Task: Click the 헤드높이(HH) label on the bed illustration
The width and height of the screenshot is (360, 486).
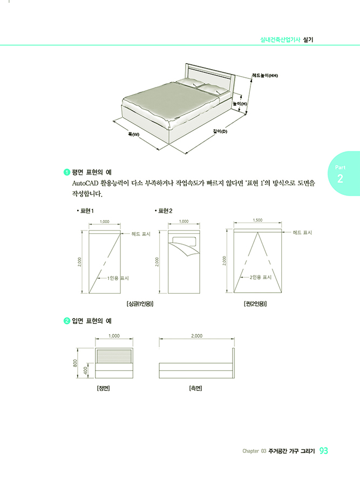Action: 265,75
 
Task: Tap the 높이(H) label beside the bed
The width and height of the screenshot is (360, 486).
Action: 240,104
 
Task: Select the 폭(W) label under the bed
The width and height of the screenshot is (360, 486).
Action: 133,134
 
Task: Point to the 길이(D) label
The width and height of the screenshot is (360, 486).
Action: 220,131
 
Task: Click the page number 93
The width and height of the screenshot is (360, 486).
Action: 323,451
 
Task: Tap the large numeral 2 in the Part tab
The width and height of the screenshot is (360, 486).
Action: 340,179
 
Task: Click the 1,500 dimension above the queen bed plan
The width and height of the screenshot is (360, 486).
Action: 257,220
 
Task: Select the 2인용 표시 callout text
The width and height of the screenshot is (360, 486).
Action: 261,277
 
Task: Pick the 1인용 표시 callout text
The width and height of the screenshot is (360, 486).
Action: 118,278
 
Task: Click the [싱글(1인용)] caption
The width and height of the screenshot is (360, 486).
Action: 140,303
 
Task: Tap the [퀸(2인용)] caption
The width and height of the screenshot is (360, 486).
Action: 255,303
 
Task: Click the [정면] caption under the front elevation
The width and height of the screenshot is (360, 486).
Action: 104,388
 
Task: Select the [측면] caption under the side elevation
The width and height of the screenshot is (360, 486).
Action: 195,388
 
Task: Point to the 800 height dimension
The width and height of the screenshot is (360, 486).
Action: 75,363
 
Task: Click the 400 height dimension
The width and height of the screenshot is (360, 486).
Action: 86,370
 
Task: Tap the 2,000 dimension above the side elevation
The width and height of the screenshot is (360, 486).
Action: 196,336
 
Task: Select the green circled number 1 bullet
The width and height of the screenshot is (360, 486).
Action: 66,172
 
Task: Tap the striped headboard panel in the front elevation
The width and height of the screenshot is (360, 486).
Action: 114,355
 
